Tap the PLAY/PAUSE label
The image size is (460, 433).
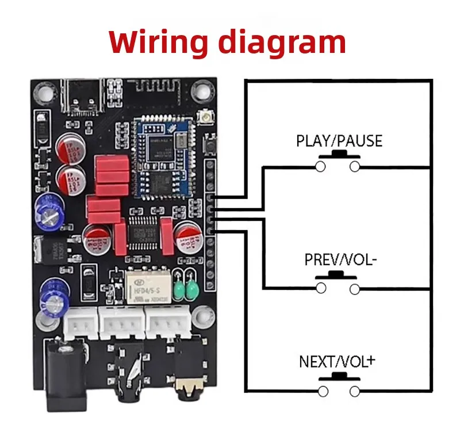(339, 141)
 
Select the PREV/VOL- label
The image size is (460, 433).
(340, 260)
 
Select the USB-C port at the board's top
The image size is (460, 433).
(80, 97)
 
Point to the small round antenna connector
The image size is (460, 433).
(204, 118)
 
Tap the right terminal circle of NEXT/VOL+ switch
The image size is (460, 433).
(355, 391)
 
